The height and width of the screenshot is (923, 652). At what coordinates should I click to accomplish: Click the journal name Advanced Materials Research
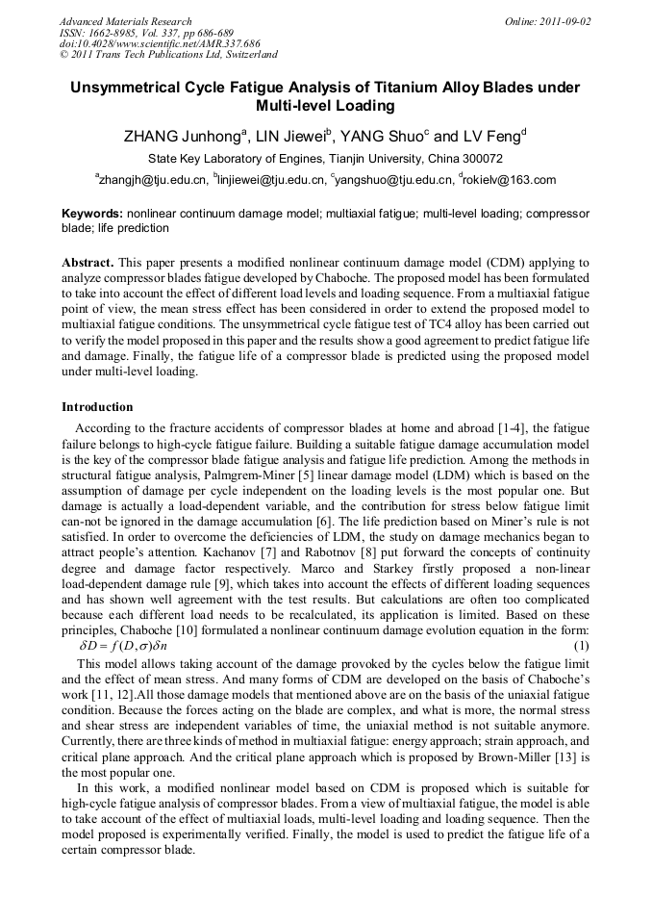pyautogui.click(x=125, y=21)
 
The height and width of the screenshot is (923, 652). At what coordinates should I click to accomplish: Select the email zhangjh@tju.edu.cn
pyautogui.click(x=152, y=180)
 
